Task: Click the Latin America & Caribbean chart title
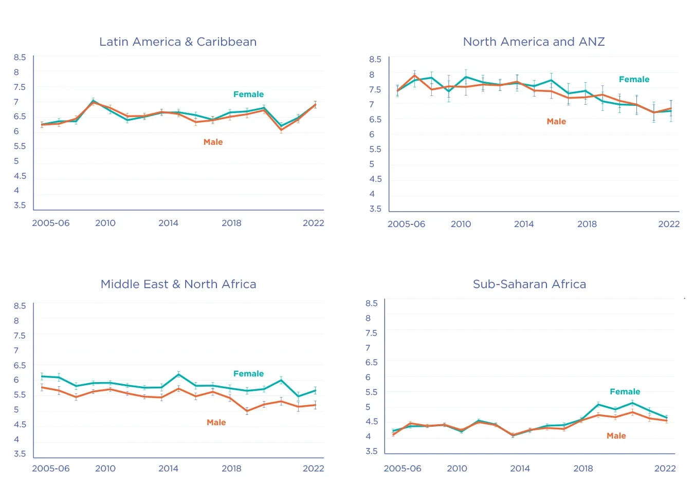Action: [x=178, y=42]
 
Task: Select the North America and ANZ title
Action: [x=534, y=42]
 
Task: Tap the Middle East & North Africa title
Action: [x=178, y=284]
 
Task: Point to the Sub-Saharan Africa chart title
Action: [x=529, y=284]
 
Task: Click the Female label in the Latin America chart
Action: [x=248, y=94]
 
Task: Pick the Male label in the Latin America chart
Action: [x=213, y=142]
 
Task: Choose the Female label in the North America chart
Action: [x=634, y=80]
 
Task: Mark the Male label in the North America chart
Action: [x=556, y=122]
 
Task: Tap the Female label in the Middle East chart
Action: [x=248, y=374]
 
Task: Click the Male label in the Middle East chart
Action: [x=216, y=423]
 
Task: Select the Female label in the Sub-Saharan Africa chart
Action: [x=625, y=392]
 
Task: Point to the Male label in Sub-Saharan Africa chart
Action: [x=616, y=436]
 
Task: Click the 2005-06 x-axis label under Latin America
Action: [x=51, y=223]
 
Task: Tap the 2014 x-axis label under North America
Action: [x=524, y=224]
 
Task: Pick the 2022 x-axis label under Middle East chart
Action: [x=313, y=468]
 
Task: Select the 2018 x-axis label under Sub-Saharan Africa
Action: [x=583, y=468]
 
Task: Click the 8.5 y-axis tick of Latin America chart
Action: [x=20, y=58]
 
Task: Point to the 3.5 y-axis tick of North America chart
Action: [x=375, y=209]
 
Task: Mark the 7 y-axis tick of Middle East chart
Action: [x=16, y=350]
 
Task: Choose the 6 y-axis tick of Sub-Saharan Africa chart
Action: [x=368, y=377]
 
